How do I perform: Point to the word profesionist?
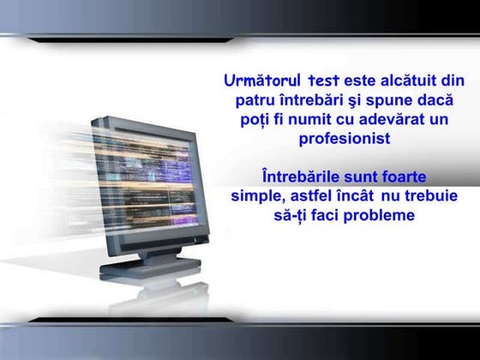tap(344, 139)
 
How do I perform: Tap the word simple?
tap(255, 196)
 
